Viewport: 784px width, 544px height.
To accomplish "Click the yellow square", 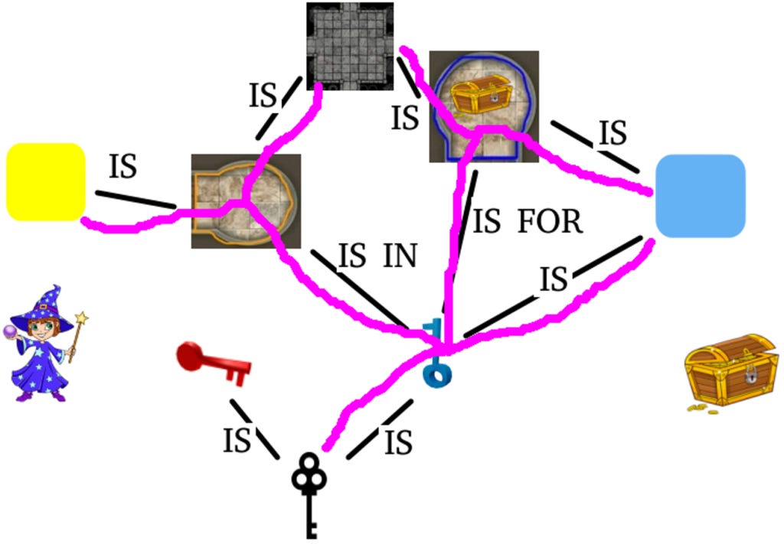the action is tap(45, 181).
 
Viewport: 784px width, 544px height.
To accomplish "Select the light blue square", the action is tap(700, 196).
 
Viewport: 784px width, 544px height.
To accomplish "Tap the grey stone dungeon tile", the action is tap(350, 46).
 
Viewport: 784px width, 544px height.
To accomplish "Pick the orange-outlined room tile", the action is tap(245, 200).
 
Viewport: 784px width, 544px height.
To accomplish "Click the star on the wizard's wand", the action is tap(81, 317).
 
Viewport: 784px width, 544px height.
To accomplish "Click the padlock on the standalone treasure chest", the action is tap(751, 375).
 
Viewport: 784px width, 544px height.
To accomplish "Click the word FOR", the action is tap(550, 222).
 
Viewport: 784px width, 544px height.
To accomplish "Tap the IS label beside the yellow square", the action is tap(122, 167).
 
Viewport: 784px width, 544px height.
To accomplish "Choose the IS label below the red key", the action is tap(237, 441).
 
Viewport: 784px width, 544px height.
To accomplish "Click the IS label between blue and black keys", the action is tap(398, 442).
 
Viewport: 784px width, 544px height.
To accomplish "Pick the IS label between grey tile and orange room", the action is tap(263, 96).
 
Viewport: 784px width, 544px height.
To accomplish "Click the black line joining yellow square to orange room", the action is tap(136, 199).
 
